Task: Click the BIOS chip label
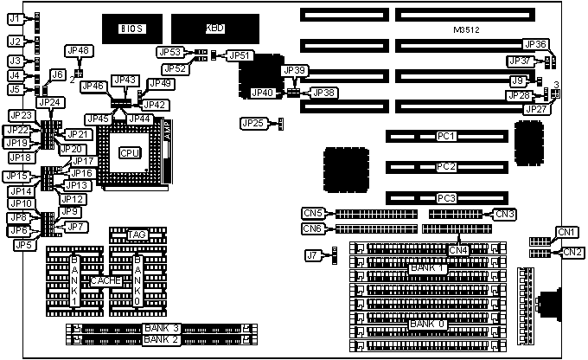[x=131, y=29]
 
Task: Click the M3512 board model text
[x=466, y=30]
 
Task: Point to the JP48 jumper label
[x=78, y=51]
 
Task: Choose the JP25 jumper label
[x=253, y=124]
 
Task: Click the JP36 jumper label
[x=534, y=44]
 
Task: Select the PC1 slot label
[x=447, y=137]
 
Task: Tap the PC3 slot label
[x=447, y=198]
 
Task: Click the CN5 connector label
[x=313, y=213]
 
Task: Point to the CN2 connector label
[x=572, y=252]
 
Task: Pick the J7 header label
[x=313, y=254]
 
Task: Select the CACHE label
[x=106, y=280]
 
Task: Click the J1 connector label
[x=14, y=17]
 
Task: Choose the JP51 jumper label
[x=240, y=55]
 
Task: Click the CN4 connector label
[x=458, y=250]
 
